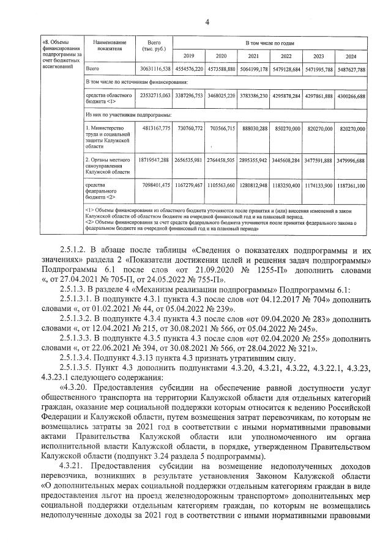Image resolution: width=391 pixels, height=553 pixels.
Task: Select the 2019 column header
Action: tap(189, 56)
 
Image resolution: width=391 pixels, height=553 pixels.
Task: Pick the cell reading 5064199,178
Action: tap(255, 70)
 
